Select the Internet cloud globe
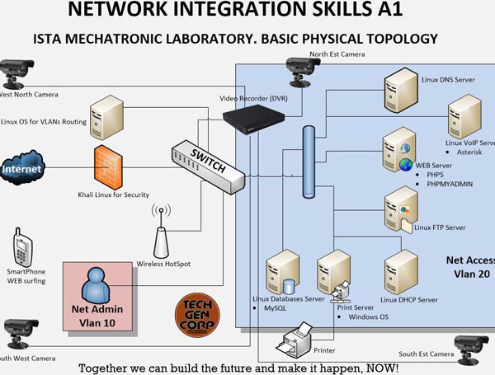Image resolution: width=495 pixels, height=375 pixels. [x=22, y=169]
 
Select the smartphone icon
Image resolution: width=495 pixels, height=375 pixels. [x=23, y=250]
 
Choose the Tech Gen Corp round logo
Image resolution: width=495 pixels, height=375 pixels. [x=196, y=317]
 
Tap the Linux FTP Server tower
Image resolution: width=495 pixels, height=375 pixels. [x=401, y=206]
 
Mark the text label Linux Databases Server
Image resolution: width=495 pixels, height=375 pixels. [x=292, y=298]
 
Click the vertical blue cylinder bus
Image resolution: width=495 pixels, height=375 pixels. [x=310, y=157]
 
